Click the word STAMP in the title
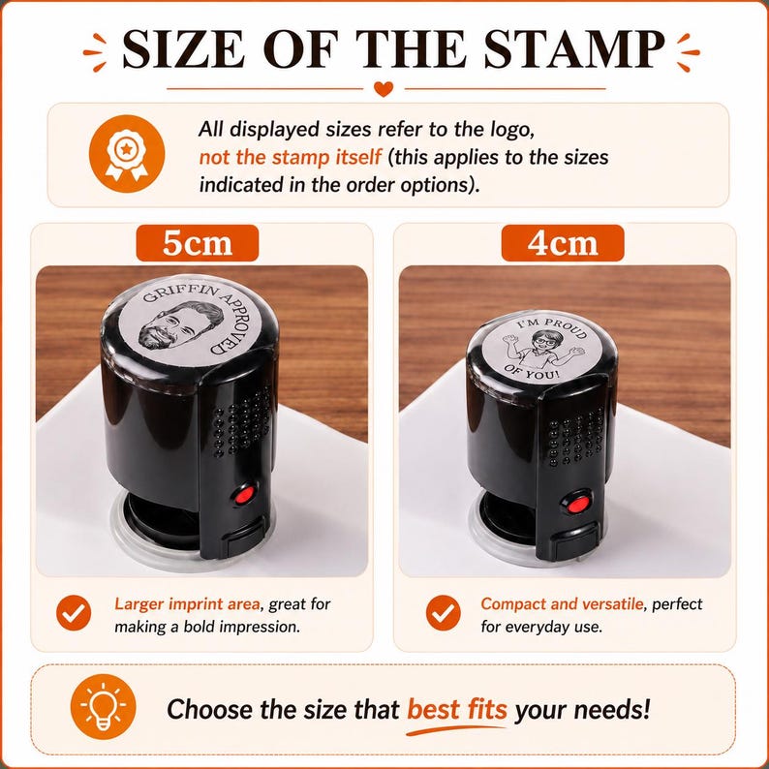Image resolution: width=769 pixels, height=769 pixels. tap(573, 48)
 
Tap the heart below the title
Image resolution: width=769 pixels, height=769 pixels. tap(383, 89)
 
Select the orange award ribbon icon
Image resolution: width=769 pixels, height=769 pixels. tap(127, 154)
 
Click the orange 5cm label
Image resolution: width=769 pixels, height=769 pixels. tap(198, 243)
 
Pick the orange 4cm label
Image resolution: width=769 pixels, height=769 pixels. tap(563, 243)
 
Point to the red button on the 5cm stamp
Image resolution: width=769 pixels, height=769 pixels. tap(243, 495)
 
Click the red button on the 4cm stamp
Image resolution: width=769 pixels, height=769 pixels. tap(577, 504)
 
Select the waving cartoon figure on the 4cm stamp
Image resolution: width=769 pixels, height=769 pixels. tap(542, 350)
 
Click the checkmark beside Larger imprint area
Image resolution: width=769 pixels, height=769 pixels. tap(74, 613)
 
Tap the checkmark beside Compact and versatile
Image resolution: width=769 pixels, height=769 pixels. tap(443, 613)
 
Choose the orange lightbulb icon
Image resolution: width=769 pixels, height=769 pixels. tap(103, 707)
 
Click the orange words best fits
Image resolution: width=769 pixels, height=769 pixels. tap(456, 709)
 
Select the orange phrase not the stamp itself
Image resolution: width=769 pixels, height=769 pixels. tap(290, 158)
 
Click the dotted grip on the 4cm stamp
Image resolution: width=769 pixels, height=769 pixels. tap(575, 437)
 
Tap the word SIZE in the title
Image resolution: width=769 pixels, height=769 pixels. tap(183, 48)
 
